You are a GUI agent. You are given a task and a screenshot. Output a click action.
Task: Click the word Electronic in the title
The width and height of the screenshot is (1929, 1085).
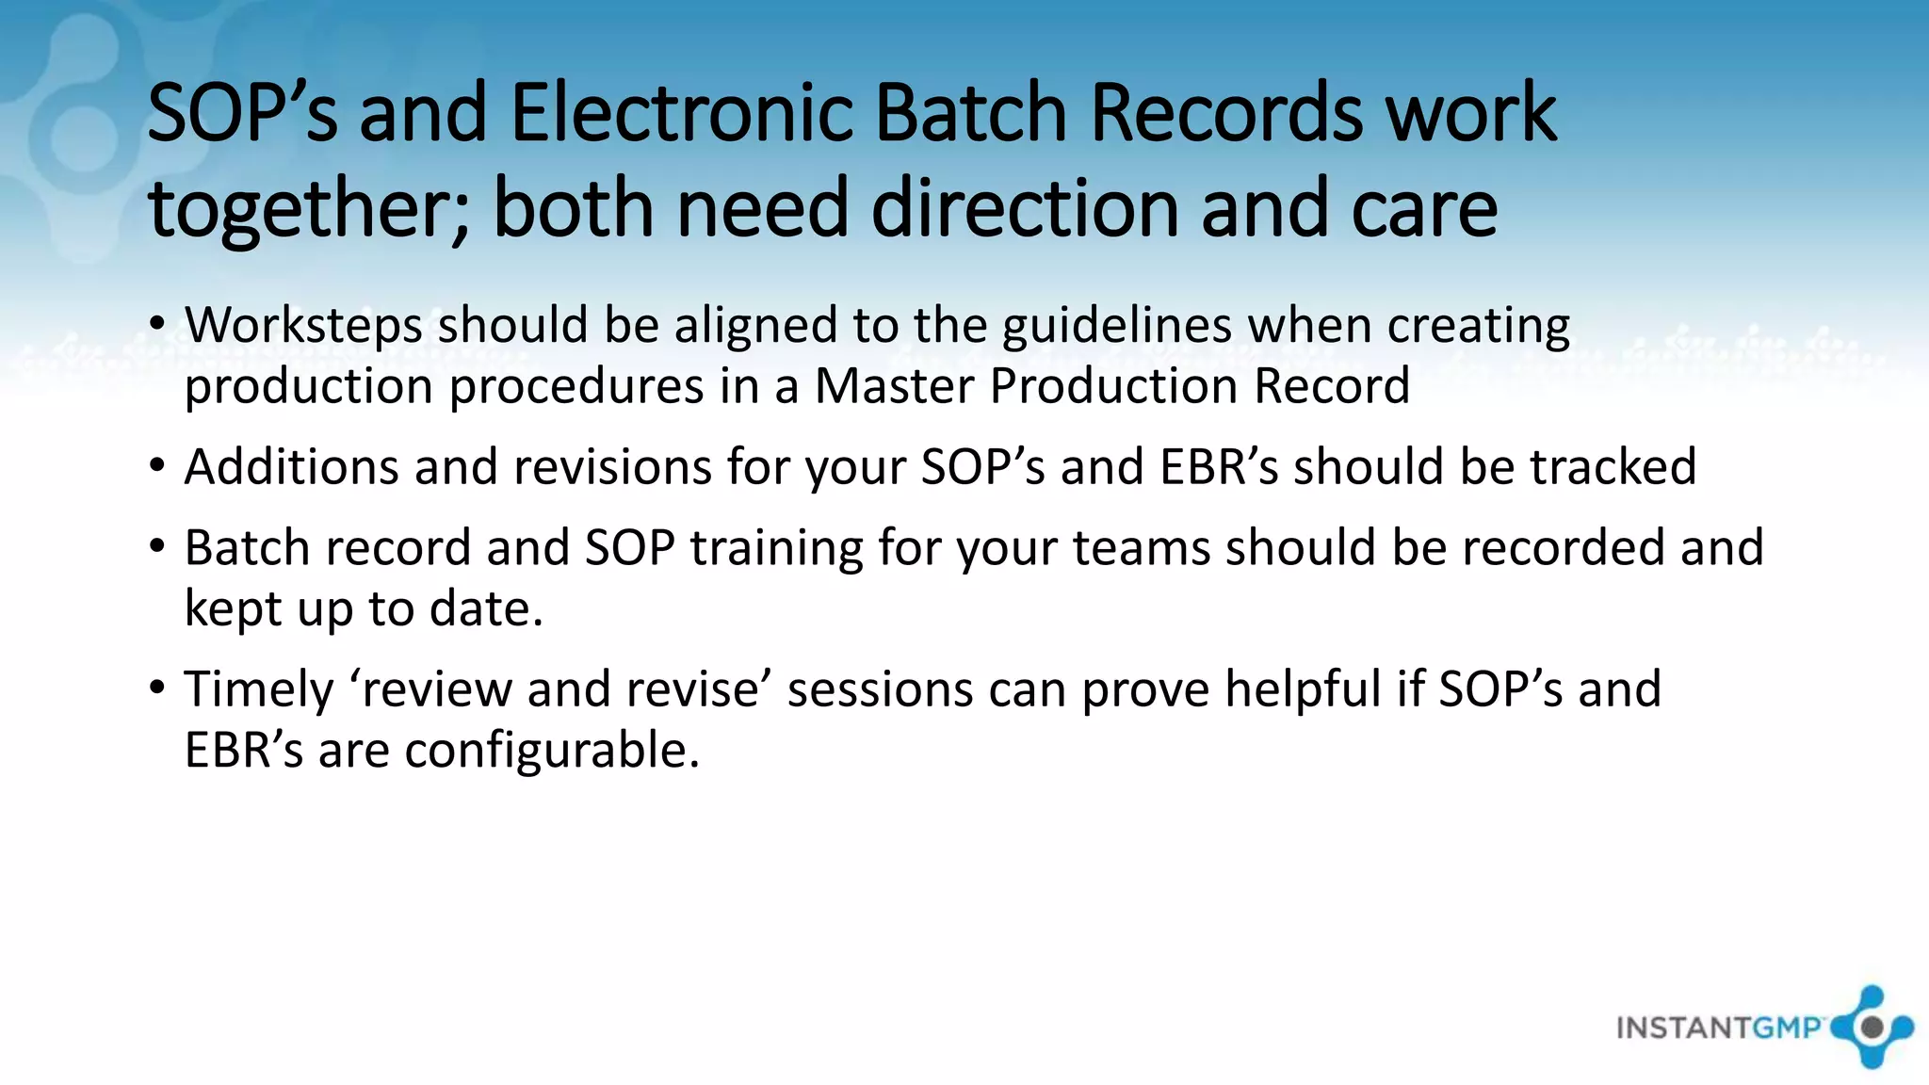[x=681, y=113]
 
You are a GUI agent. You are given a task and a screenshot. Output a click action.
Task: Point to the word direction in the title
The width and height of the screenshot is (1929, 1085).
[x=1024, y=209]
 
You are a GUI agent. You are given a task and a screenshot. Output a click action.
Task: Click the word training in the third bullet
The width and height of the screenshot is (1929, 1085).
[x=776, y=548]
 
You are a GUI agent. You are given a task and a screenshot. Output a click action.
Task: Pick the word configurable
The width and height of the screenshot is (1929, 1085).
[x=552, y=752]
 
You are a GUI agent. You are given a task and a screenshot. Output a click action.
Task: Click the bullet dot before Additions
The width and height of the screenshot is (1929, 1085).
[x=157, y=467]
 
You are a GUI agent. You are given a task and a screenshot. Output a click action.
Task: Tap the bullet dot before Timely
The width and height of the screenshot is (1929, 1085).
[x=157, y=688]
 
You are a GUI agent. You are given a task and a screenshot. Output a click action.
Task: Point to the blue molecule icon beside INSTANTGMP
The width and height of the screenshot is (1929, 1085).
[x=1872, y=1027]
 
